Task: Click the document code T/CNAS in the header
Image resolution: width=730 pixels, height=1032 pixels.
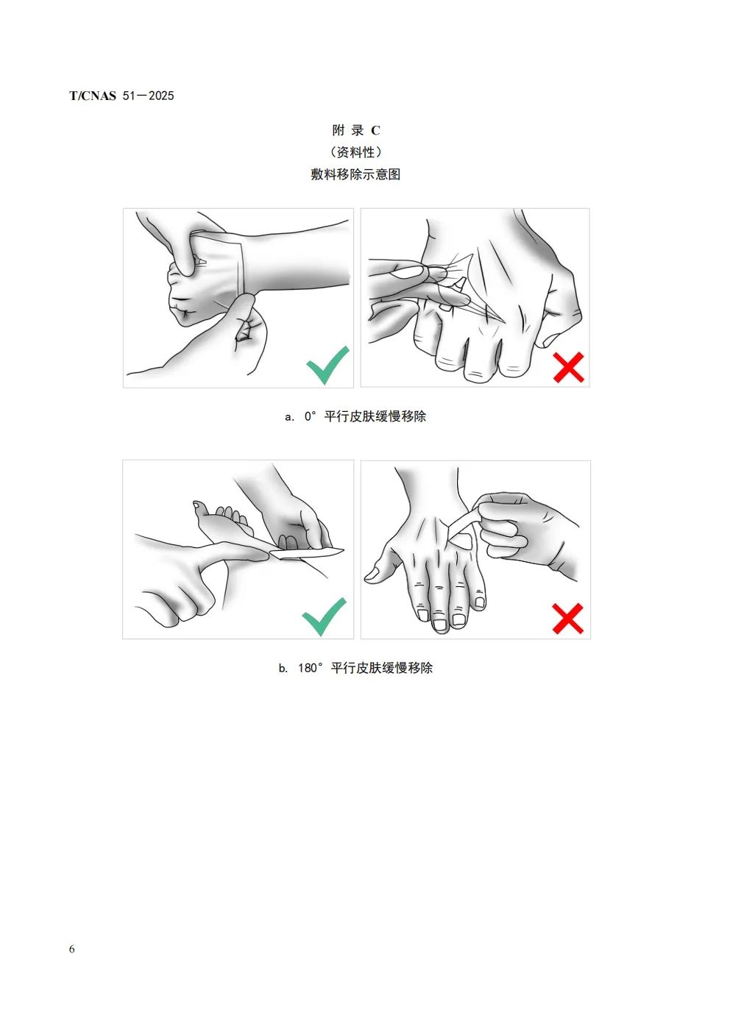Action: pos(93,96)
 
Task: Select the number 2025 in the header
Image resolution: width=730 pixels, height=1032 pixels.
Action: pos(161,96)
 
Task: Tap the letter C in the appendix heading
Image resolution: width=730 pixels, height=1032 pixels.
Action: pos(375,131)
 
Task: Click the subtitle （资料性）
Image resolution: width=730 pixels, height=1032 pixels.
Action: pos(355,152)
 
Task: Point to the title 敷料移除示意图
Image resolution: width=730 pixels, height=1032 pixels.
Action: pos(355,174)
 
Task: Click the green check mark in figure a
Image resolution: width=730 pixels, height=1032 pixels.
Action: pos(327,365)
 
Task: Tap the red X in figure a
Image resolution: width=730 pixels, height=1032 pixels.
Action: pos(569,367)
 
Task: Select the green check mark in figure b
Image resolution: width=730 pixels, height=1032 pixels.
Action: pos(324,616)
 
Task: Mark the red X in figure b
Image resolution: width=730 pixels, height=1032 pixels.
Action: pos(568,619)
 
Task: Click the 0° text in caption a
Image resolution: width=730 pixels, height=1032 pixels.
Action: pos(310,416)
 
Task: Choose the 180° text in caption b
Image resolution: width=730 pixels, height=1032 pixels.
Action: pos(311,668)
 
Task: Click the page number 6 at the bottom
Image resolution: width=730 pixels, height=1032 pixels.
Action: pos(72,949)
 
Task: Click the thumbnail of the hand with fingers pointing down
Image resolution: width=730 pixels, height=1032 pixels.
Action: pos(372,574)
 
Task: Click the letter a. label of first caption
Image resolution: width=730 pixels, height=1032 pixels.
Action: pos(289,417)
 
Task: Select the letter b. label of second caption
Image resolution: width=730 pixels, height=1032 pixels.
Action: pos(283,668)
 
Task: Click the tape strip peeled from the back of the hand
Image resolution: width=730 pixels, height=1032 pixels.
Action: pos(461,525)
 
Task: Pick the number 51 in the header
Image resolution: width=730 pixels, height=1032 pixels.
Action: pos(129,96)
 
